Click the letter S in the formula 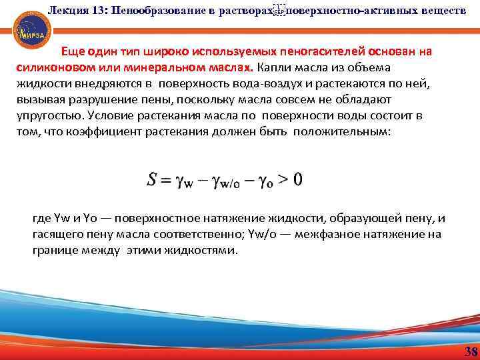coord(152,179)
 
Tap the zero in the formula coord(297,179)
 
